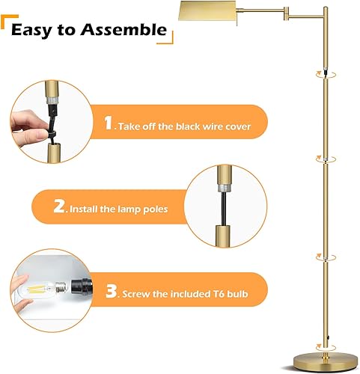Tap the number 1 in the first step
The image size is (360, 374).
pos(109,125)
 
